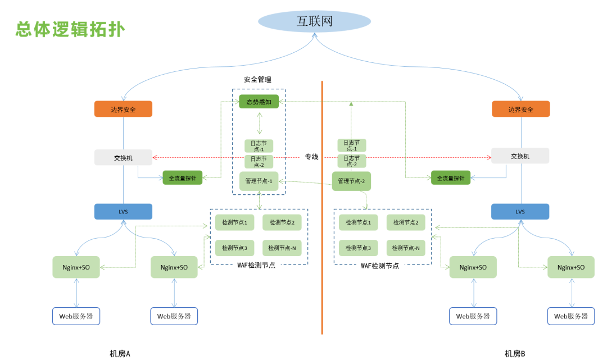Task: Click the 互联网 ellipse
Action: pos(314,22)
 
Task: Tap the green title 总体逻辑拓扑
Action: pos(70,29)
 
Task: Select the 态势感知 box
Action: pos(259,102)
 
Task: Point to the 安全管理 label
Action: pos(257,80)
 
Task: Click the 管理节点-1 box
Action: pos(259,181)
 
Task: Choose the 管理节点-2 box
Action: pos(351,181)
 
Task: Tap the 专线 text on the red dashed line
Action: pos(311,157)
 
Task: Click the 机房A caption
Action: pos(120,353)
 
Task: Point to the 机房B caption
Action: pos(515,353)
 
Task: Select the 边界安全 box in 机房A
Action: pos(123,109)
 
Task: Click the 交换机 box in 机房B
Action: pos(520,156)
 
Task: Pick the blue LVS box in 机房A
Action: pos(123,212)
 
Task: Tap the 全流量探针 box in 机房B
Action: pos(450,178)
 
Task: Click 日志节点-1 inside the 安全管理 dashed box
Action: pos(259,145)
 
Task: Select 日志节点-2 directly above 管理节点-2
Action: pos(351,161)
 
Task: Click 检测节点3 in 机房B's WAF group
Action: pos(358,248)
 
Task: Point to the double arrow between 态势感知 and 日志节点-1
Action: pos(259,122)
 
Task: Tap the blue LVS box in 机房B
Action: pos(520,212)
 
